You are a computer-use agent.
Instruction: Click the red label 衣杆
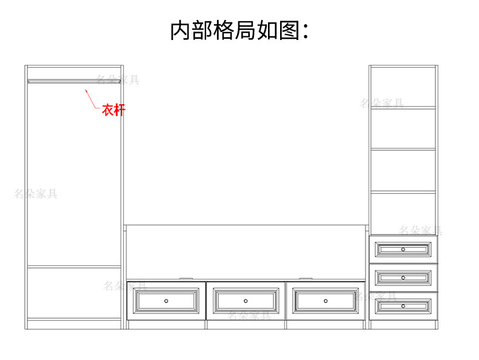coord(113,110)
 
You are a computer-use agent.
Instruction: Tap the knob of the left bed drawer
coord(166,301)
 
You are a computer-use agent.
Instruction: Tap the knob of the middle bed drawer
coord(246,301)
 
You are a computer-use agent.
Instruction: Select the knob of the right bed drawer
coord(326,301)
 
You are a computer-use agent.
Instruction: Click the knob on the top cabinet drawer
coord(403,249)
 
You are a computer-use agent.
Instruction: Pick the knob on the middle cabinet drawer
coord(403,278)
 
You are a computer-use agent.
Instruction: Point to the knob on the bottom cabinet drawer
coord(403,306)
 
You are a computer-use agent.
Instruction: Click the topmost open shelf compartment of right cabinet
coord(403,87)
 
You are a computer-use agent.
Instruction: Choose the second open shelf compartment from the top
coord(403,128)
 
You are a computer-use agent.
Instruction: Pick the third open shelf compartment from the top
coord(403,170)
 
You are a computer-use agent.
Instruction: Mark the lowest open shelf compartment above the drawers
coord(403,213)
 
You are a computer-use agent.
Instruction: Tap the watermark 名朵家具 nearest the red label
coord(118,79)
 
